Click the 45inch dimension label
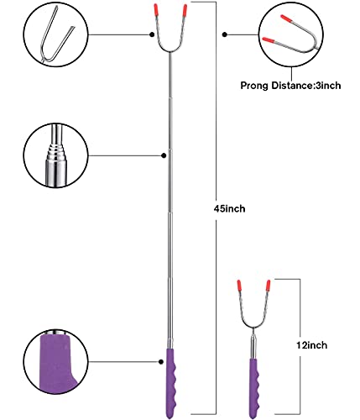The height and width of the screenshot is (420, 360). (229, 208)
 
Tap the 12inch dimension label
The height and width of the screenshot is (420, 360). (311, 345)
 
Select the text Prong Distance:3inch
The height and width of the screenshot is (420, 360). (290, 86)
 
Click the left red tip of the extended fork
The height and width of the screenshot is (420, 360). (156, 10)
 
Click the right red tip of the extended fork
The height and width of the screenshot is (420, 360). (185, 10)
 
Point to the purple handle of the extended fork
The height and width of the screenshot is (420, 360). (170, 383)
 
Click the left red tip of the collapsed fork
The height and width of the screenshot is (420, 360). (239, 286)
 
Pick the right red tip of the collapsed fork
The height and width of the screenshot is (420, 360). (269, 286)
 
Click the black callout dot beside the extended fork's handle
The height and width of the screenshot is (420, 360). (161, 362)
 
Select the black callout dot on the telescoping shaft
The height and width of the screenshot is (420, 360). (164, 155)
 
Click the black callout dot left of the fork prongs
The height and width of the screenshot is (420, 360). (152, 34)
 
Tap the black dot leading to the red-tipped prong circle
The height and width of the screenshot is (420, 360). (225, 34)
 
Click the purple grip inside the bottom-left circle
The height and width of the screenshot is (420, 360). (56, 364)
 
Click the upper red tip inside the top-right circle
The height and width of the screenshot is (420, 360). (287, 18)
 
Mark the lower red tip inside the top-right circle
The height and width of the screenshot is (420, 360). (268, 40)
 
